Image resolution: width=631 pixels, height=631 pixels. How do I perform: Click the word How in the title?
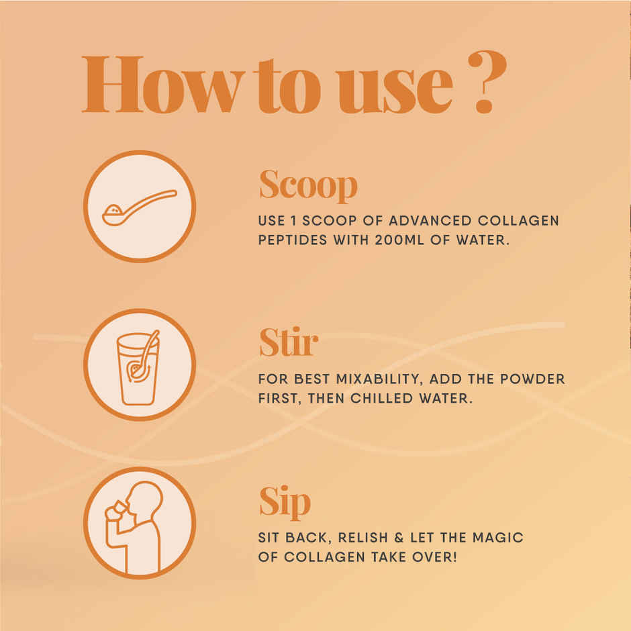[x=159, y=85]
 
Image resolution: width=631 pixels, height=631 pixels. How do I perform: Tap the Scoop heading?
[x=308, y=185]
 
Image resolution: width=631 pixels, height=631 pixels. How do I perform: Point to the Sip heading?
[x=285, y=502]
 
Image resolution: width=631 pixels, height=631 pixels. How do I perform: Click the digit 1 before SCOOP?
[x=296, y=220]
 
